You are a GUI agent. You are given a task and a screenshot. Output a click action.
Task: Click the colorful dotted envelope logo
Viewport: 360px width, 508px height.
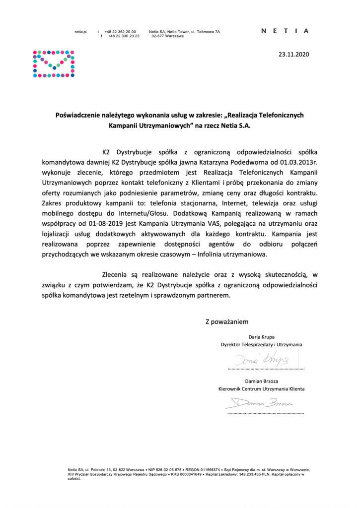pyautogui.click(x=54, y=64)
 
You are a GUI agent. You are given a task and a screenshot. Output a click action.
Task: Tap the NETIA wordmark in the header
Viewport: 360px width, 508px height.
pyautogui.click(x=285, y=31)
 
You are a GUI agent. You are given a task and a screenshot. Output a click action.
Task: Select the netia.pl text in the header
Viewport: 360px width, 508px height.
pyautogui.click(x=81, y=31)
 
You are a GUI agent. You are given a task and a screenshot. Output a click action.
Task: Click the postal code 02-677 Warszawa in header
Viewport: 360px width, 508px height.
pyautogui.click(x=167, y=36)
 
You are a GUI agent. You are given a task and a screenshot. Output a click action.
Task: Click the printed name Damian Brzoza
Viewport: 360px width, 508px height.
pyautogui.click(x=262, y=381)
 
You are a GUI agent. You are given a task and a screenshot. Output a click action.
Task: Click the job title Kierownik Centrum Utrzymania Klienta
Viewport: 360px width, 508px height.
pyautogui.click(x=262, y=389)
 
